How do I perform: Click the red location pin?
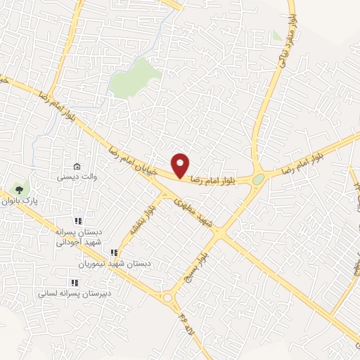pos(181,165)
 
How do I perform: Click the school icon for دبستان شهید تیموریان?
pos(112,252)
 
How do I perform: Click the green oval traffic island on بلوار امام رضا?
pos(258,179)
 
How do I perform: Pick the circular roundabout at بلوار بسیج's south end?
pos(167,298)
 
